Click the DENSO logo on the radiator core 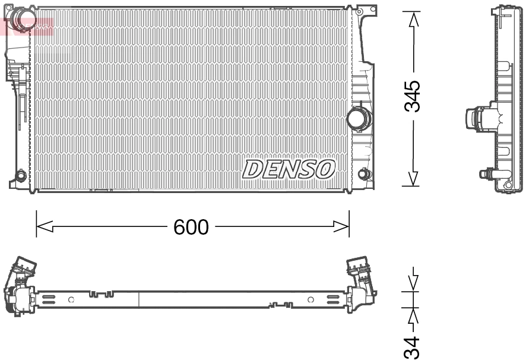[289, 169]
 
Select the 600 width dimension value [191, 226]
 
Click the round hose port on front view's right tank [358, 118]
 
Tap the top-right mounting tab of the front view [366, 10]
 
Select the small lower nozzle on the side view [487, 173]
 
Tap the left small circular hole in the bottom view [71, 299]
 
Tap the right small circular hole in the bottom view [310, 299]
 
